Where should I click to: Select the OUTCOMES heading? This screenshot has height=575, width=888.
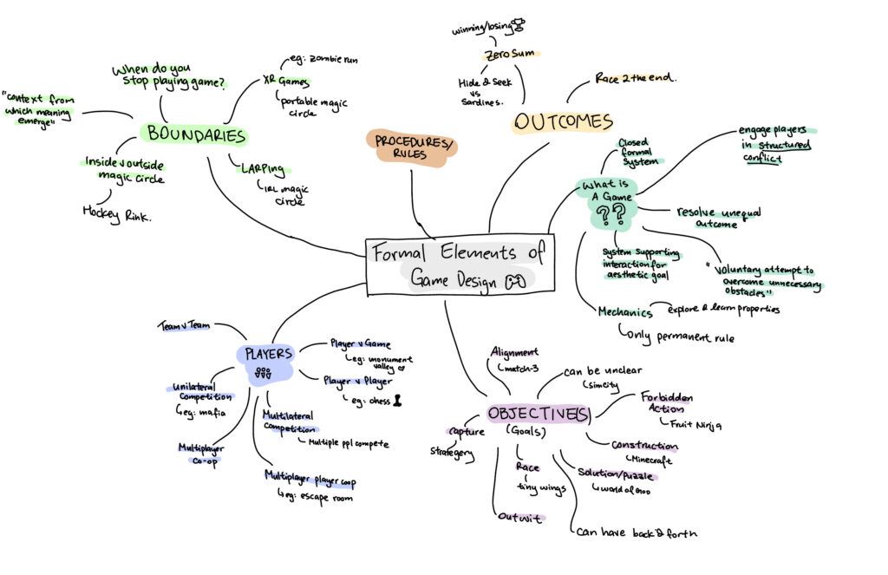click(563, 121)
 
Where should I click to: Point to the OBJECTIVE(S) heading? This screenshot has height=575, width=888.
click(539, 415)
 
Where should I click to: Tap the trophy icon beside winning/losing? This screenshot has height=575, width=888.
click(519, 26)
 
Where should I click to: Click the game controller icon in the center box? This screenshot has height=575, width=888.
click(517, 280)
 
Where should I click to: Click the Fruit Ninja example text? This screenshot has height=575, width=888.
click(696, 424)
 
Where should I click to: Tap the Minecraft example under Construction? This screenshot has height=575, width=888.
click(652, 460)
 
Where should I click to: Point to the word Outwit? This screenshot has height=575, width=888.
click(519, 518)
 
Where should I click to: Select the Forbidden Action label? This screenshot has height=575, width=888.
click(667, 403)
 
